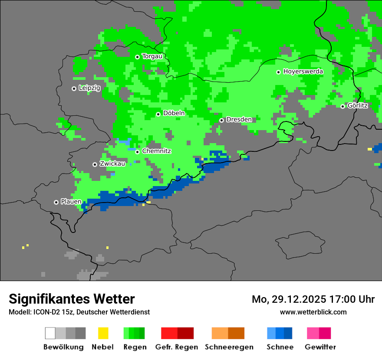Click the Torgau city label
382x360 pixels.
(152, 56)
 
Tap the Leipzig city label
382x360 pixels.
(89, 88)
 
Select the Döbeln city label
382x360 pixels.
(174, 113)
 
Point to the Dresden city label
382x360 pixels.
(239, 119)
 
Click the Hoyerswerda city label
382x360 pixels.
(303, 72)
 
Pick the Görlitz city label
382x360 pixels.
(358, 105)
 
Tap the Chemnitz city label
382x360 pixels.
(156, 151)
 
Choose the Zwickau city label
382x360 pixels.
(112, 164)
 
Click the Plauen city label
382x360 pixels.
(71, 202)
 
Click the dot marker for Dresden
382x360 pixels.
(221, 120)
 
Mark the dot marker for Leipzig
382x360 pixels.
(74, 88)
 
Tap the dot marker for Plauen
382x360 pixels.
(56, 202)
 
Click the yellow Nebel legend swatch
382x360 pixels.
(103, 333)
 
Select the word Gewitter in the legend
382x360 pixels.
(320, 347)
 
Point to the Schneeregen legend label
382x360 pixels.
(229, 347)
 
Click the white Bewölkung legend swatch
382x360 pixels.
(50, 333)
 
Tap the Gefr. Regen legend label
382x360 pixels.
(176, 347)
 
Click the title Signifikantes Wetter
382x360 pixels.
(72, 299)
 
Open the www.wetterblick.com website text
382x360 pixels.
(313, 312)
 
